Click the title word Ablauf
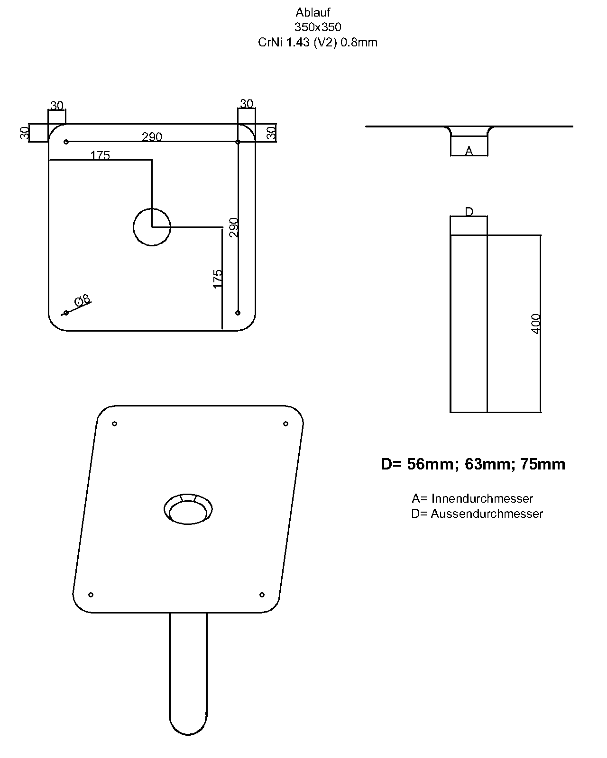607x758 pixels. (x=313, y=12)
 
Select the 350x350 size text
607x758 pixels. (x=318, y=27)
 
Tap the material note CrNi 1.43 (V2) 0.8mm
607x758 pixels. (x=317, y=42)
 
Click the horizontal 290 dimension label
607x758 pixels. (x=152, y=136)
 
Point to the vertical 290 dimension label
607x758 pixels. (x=234, y=227)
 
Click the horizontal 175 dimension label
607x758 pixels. (x=100, y=155)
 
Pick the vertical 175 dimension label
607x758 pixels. (x=218, y=279)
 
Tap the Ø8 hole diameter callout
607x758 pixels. (x=82, y=300)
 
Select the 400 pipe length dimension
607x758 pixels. (x=535, y=324)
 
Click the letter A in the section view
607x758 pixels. (x=469, y=151)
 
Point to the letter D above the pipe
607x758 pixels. (x=469, y=211)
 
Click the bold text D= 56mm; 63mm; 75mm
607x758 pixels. (x=473, y=464)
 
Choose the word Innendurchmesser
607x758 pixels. (x=482, y=498)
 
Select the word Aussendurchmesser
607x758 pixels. (x=487, y=514)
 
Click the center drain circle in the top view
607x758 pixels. (x=152, y=227)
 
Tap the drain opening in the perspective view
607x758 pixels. (x=188, y=509)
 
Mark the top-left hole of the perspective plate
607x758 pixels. (x=114, y=424)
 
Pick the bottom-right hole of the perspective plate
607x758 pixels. (x=262, y=595)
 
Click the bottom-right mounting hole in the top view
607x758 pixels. (x=238, y=313)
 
